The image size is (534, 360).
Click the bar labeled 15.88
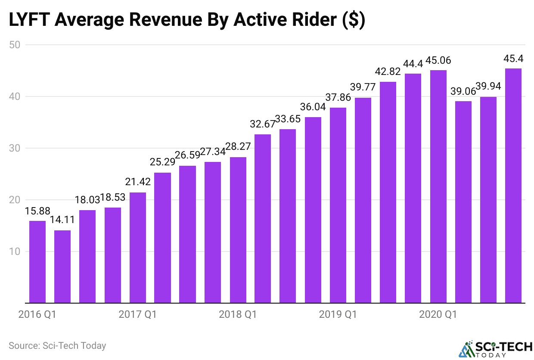37,262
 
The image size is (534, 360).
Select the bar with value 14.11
62,267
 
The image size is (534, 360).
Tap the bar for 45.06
438,186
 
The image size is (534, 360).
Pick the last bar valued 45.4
513,186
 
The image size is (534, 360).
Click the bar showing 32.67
263,218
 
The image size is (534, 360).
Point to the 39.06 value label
463,92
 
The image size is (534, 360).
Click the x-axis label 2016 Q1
37,315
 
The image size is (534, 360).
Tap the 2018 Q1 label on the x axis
238,315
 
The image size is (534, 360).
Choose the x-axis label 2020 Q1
438,315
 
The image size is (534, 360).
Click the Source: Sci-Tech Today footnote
57,345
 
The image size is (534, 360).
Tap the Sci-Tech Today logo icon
466,349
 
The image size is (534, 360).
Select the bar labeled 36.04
313,210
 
